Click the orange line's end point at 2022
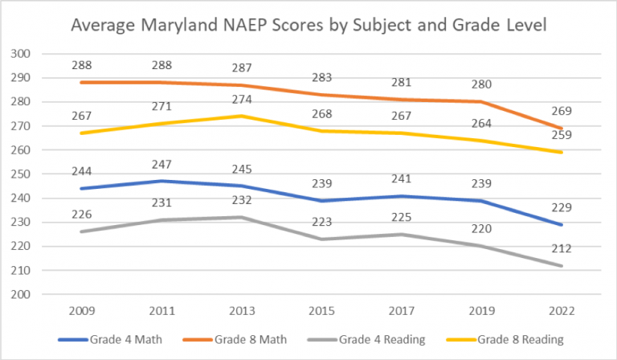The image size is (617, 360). tap(561, 129)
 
